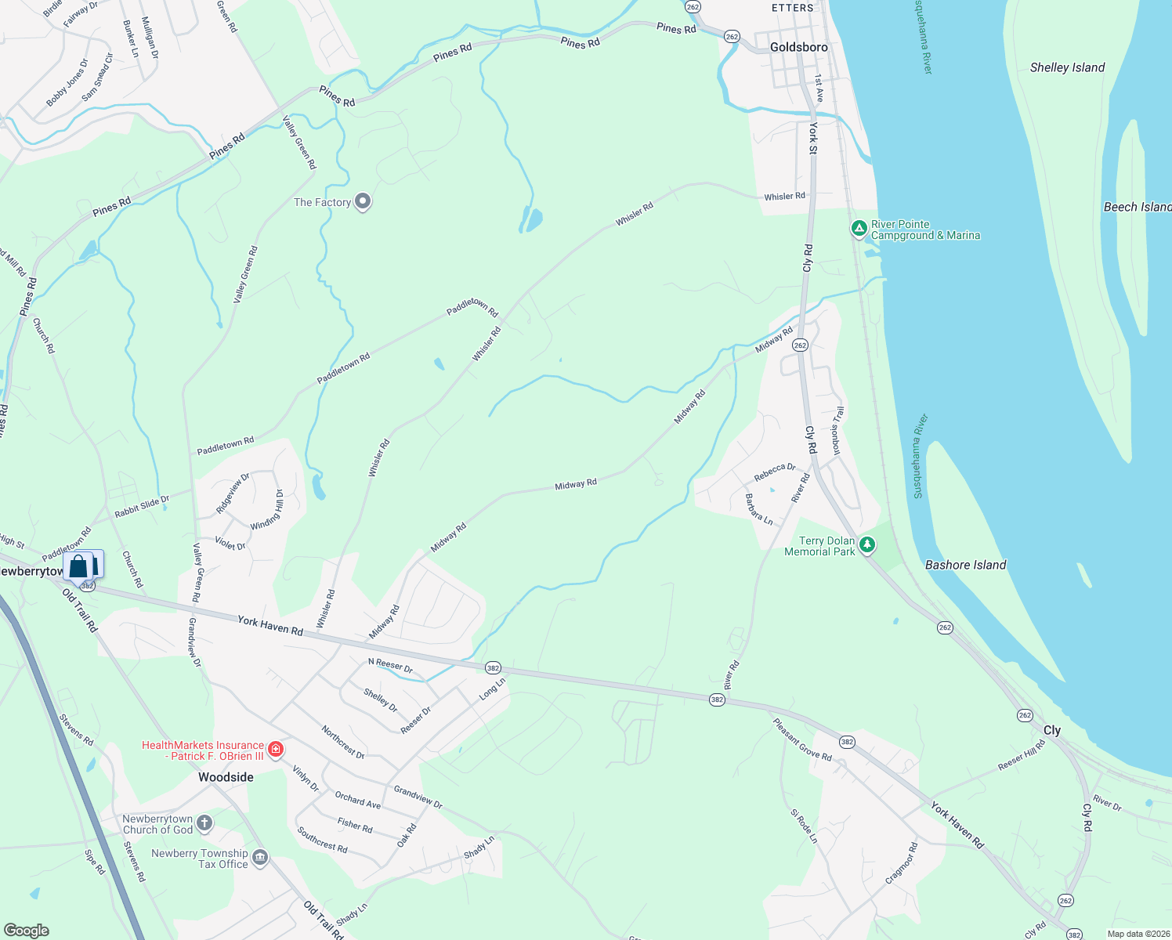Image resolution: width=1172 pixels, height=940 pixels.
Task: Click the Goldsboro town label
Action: coord(798,47)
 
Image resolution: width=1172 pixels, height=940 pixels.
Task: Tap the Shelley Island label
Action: coord(1067,67)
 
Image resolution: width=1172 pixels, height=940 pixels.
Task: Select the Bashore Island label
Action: coord(965,565)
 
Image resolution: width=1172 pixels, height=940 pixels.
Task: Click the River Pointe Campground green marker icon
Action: coord(859,229)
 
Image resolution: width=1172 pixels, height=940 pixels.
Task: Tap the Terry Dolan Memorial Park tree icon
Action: coord(866,544)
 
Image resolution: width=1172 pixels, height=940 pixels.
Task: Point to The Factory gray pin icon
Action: coord(363,202)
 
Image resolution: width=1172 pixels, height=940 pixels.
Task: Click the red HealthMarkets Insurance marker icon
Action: coord(275,750)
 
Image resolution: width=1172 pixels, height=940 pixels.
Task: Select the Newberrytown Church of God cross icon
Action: coord(204,822)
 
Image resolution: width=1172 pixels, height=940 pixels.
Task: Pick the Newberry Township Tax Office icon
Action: coord(260,858)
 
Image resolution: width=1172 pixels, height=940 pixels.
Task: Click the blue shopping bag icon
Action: coord(78,566)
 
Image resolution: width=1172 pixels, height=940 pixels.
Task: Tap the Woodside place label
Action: coord(226,777)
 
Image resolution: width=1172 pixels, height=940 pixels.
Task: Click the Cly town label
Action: coord(1051,730)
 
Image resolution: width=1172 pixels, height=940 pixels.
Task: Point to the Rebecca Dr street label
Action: coord(774,472)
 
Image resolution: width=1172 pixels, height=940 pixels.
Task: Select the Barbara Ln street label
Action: coord(758,509)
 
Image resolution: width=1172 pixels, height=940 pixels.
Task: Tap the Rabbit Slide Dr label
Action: coord(142,507)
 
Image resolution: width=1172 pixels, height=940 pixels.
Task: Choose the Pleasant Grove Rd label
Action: coord(802,739)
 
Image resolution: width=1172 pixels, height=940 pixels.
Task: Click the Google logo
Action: coord(27,931)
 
